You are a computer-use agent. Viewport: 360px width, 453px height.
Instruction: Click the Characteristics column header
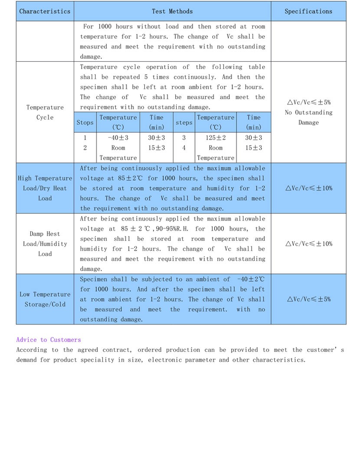click(45, 12)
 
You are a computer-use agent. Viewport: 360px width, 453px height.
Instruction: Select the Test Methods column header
click(172, 12)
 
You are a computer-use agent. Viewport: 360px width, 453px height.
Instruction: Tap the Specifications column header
click(308, 12)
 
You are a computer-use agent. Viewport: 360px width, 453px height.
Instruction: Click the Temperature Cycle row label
click(45, 112)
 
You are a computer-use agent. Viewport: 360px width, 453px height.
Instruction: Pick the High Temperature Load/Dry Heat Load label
click(45, 188)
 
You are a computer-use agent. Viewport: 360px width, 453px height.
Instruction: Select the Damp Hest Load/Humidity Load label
click(45, 244)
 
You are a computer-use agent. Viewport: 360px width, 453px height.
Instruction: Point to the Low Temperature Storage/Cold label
click(45, 299)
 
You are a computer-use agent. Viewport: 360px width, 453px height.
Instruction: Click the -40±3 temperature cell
click(118, 138)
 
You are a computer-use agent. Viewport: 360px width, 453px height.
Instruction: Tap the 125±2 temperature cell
click(216, 138)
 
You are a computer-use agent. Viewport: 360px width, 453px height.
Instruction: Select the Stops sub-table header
click(85, 123)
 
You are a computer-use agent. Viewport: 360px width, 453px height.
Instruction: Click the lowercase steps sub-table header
click(184, 123)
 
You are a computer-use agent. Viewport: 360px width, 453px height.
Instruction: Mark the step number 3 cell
click(184, 138)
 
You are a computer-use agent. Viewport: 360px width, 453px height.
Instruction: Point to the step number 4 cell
click(184, 148)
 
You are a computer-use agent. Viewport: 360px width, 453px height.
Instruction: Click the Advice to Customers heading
click(49, 340)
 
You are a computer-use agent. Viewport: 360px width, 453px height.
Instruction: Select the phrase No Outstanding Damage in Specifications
click(308, 118)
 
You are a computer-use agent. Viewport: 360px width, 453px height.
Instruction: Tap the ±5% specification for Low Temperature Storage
click(308, 299)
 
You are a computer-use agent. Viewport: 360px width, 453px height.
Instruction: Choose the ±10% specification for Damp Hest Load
click(308, 244)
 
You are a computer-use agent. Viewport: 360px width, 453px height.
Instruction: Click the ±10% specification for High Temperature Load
click(308, 188)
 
